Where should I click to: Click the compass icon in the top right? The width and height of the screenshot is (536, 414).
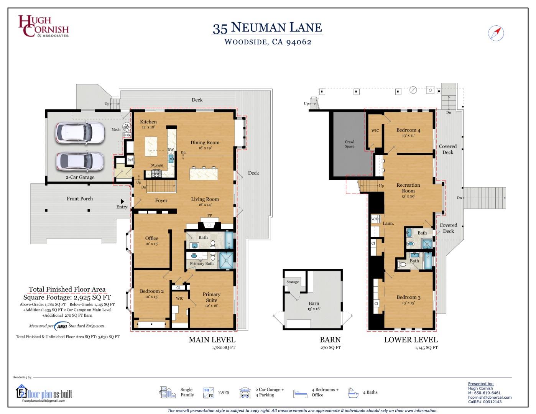pos(496,33)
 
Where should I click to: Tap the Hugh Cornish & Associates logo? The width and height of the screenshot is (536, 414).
pos(43,26)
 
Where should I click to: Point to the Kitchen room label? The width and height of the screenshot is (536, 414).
pos(148,122)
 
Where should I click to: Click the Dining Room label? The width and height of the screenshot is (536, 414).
pos(205,143)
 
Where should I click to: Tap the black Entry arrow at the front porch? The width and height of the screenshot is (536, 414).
pos(122,201)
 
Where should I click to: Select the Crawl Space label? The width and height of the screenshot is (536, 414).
pos(349,144)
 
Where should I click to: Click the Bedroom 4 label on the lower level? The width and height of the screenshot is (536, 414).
pos(408,130)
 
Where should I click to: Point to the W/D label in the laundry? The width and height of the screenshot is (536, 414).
pos(375,219)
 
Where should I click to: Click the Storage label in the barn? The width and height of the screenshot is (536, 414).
pos(292,282)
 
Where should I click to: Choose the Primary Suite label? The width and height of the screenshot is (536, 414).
pos(211,297)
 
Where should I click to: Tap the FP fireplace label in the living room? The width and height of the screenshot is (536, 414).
pos(210,216)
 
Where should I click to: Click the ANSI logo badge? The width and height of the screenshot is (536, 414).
pos(61,326)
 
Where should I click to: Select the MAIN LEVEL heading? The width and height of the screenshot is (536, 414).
pos(212,340)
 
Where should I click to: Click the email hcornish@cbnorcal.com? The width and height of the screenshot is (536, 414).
pos(490,397)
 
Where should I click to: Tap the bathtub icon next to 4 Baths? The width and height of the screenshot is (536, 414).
pos(353,393)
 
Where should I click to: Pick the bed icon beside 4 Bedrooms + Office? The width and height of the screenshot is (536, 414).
pos(300,393)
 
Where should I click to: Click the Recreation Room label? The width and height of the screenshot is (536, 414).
pos(408,188)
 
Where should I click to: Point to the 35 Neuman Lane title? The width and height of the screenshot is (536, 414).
pos(267,28)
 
